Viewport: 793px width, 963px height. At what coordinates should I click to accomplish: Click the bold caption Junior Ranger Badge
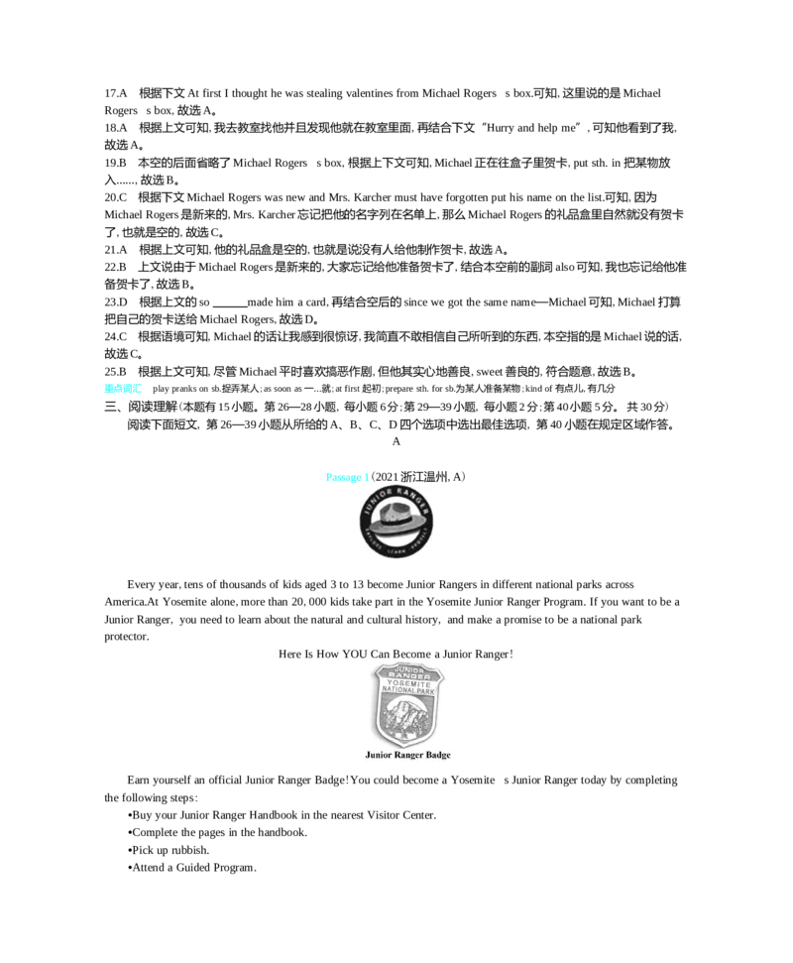pyautogui.click(x=407, y=755)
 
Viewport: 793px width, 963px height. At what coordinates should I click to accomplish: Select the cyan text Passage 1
pyautogui.click(x=347, y=477)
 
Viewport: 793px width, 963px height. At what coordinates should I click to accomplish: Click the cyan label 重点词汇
pyautogui.click(x=123, y=388)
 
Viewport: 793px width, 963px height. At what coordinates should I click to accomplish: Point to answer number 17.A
pyautogui.click(x=115, y=93)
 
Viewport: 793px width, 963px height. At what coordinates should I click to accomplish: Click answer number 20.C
pyautogui.click(x=115, y=197)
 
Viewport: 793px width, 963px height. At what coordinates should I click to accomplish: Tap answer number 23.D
pyautogui.click(x=115, y=302)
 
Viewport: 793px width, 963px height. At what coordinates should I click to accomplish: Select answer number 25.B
pyautogui.click(x=115, y=372)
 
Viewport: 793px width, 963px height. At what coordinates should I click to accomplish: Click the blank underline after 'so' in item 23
pyautogui.click(x=230, y=305)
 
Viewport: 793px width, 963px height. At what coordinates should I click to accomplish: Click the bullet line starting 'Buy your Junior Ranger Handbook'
pyautogui.click(x=282, y=815)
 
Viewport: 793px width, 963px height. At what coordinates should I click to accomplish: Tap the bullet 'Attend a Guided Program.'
pyautogui.click(x=191, y=867)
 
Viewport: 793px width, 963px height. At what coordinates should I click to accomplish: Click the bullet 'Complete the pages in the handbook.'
pyautogui.click(x=217, y=832)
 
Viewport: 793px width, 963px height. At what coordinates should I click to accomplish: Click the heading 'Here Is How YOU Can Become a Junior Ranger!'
pyautogui.click(x=396, y=655)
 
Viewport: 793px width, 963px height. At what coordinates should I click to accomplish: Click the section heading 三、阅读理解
pyautogui.click(x=141, y=407)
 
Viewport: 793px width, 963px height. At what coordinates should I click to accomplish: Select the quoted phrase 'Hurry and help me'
pyautogui.click(x=532, y=128)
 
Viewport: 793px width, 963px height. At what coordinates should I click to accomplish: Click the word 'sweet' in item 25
pyautogui.click(x=489, y=372)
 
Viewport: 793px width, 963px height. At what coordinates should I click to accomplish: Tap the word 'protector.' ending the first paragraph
pyautogui.click(x=127, y=637)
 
